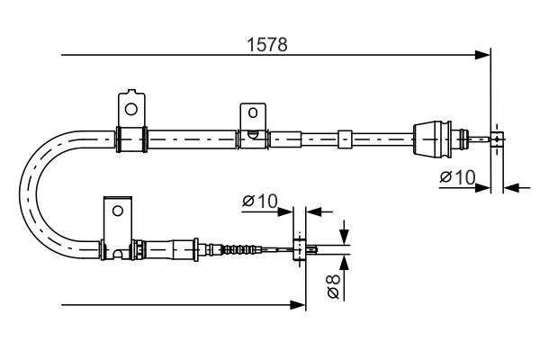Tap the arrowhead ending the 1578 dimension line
point(484,57)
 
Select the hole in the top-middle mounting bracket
point(252,113)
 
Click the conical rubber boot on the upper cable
point(433,139)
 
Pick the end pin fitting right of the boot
point(497,139)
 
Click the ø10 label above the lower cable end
point(260,201)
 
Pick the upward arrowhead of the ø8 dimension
point(343,261)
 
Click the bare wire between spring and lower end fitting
point(274,249)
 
